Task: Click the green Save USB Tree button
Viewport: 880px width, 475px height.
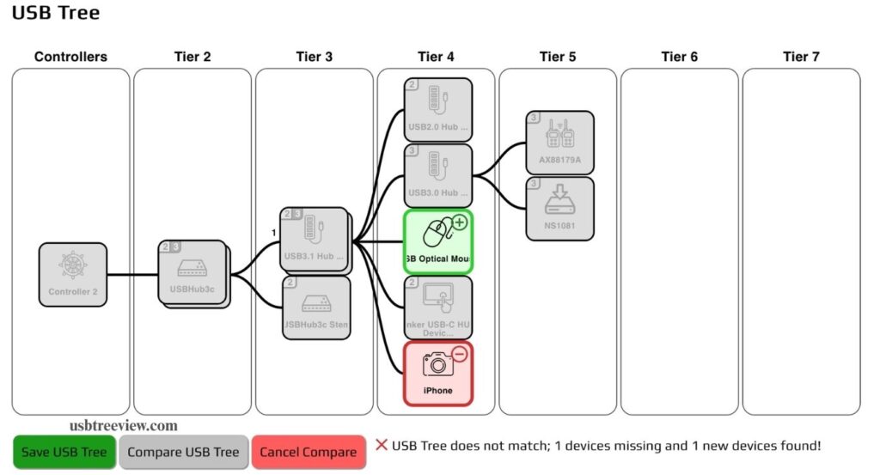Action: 64,452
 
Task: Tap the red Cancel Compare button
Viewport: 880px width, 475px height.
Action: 308,452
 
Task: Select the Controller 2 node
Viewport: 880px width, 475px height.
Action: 73,275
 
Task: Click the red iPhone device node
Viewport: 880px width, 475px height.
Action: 438,374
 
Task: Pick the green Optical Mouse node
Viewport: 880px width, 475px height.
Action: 438,241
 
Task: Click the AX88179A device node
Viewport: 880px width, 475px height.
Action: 559,143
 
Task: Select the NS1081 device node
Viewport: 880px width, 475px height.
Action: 559,209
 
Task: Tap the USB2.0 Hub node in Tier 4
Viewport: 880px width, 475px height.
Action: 438,109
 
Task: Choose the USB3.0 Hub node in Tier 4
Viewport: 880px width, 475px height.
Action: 438,175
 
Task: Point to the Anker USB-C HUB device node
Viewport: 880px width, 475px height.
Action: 438,308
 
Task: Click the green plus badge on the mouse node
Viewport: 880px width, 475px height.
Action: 460,222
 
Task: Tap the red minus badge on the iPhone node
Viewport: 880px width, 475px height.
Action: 460,354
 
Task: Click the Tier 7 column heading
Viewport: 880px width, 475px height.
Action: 801,57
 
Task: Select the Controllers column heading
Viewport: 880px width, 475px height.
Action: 70,57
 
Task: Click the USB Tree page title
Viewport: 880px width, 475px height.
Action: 55,13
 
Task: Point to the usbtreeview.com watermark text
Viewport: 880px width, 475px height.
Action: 124,425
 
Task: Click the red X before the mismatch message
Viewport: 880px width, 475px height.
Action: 382,445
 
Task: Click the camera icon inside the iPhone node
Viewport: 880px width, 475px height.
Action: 437,364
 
